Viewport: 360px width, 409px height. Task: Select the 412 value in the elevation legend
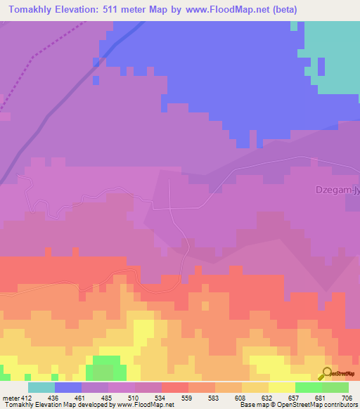[x=27, y=397]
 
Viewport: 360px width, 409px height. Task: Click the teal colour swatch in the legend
[x=41, y=387]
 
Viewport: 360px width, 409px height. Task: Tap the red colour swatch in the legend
[x=175, y=387]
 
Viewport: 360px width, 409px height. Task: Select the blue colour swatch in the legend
[x=68, y=387]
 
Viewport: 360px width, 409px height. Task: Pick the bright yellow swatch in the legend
[x=282, y=387]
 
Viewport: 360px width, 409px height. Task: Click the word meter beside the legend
[x=10, y=397]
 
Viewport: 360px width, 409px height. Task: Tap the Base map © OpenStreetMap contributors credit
[x=298, y=405]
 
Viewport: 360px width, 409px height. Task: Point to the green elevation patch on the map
[x=105, y=367]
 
